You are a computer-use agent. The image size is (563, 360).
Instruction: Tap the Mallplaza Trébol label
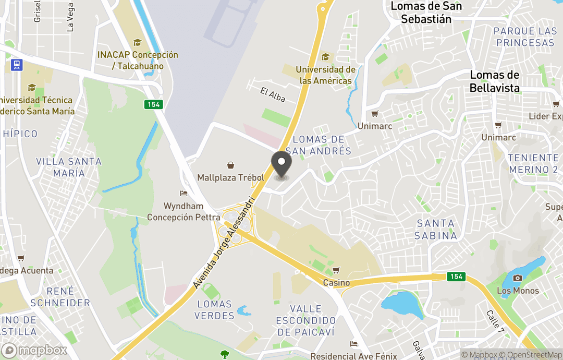230,178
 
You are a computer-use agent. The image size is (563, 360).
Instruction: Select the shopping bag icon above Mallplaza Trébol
230,165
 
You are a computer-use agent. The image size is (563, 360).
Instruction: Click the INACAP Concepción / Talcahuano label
138,61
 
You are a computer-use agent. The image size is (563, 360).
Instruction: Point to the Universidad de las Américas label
326,75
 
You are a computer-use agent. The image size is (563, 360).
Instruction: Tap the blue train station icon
17,65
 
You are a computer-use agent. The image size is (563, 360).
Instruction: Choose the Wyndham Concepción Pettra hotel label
182,212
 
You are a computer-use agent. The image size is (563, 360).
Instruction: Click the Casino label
336,282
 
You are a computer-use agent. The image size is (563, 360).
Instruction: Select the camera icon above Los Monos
518,278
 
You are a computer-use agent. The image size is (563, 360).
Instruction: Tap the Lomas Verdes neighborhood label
214,310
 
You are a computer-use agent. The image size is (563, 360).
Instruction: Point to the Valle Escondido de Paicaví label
305,320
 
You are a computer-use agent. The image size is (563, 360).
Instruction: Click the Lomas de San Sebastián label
426,13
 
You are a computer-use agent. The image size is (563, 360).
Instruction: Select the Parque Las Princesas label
525,37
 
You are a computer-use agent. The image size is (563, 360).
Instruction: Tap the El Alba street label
273,94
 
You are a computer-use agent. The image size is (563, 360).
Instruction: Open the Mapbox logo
34,350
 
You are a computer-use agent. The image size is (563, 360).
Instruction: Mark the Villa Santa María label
68,167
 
